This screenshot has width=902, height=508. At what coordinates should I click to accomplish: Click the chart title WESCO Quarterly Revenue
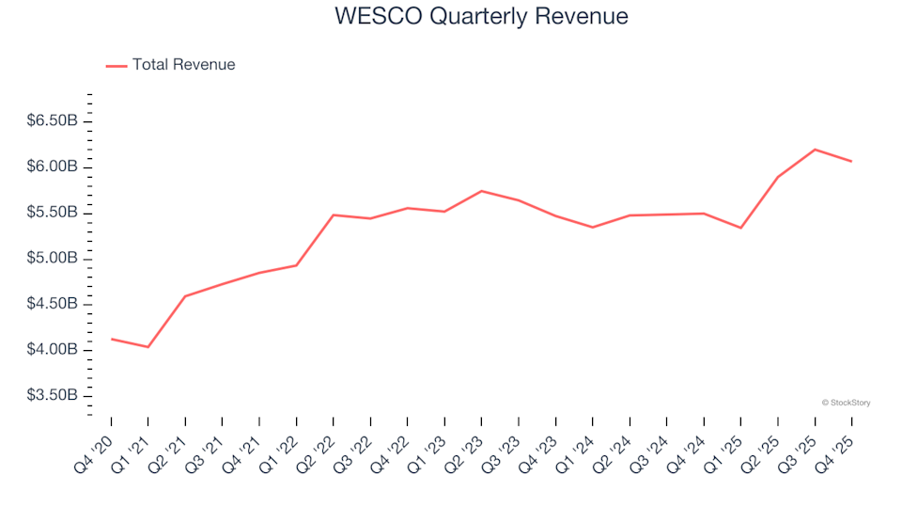481,17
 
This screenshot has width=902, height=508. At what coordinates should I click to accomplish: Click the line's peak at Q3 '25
815,150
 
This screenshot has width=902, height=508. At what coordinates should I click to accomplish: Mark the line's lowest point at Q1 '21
148,347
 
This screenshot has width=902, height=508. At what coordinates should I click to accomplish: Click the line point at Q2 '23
481,191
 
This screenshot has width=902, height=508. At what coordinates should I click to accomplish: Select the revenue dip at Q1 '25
740,228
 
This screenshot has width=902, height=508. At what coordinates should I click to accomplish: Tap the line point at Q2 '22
334,214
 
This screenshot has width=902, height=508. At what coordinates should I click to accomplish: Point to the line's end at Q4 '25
851,161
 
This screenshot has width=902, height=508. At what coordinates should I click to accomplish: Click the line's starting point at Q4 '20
112,339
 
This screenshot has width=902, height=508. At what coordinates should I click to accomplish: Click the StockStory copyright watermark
846,403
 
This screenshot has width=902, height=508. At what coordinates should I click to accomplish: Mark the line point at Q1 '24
593,227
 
